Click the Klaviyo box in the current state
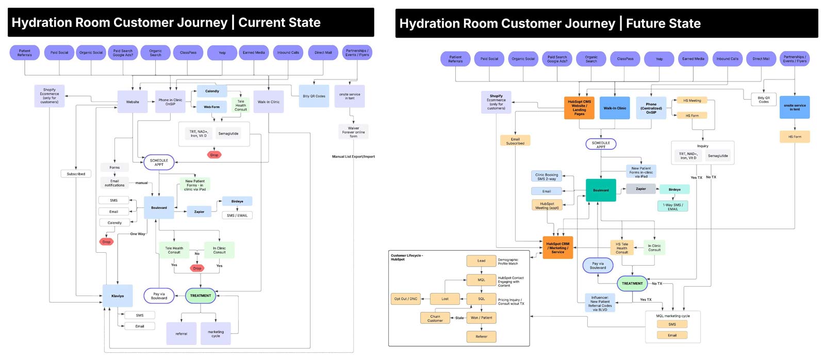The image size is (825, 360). pyautogui.click(x=118, y=296)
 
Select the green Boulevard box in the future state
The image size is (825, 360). pyautogui.click(x=601, y=190)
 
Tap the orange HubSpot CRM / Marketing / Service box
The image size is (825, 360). pyautogui.click(x=557, y=248)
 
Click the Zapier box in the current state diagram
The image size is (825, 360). pyautogui.click(x=199, y=211)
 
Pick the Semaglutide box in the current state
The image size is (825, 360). pyautogui.click(x=228, y=134)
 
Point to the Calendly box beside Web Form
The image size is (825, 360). pyautogui.click(x=212, y=91)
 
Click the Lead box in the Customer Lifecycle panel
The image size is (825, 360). pyautogui.click(x=481, y=261)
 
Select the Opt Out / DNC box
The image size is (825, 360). pyautogui.click(x=406, y=299)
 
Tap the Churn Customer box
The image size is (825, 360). pyautogui.click(x=435, y=318)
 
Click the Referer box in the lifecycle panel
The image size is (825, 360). pyautogui.click(x=481, y=336)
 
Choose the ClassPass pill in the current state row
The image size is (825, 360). pyautogui.click(x=188, y=53)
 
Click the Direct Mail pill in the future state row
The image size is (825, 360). pyautogui.click(x=761, y=59)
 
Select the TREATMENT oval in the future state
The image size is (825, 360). pyautogui.click(x=632, y=283)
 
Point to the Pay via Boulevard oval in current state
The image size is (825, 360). pyautogui.click(x=159, y=296)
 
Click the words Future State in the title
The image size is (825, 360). pyautogui.click(x=663, y=24)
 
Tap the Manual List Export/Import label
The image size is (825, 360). pyautogui.click(x=353, y=157)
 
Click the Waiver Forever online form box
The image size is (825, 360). pyautogui.click(x=353, y=132)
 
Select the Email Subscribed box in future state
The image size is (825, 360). pyautogui.click(x=515, y=141)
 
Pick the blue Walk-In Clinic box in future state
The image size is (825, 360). pyautogui.click(x=615, y=108)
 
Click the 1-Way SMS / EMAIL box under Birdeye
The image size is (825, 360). pyautogui.click(x=673, y=206)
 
